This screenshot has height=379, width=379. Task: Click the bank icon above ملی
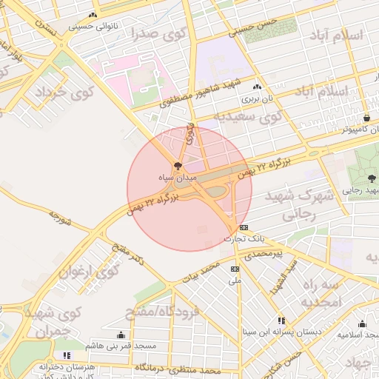235,269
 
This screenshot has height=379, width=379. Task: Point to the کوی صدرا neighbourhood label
157,33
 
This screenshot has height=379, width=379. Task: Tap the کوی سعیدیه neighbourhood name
248,116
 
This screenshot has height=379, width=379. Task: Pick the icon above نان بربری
257,86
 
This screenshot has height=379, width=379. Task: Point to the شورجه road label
60,217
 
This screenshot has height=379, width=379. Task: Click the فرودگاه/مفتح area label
168,313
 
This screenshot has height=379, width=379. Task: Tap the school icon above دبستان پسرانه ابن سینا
281,321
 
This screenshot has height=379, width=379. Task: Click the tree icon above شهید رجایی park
371,178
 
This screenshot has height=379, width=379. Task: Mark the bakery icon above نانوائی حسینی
93,16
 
